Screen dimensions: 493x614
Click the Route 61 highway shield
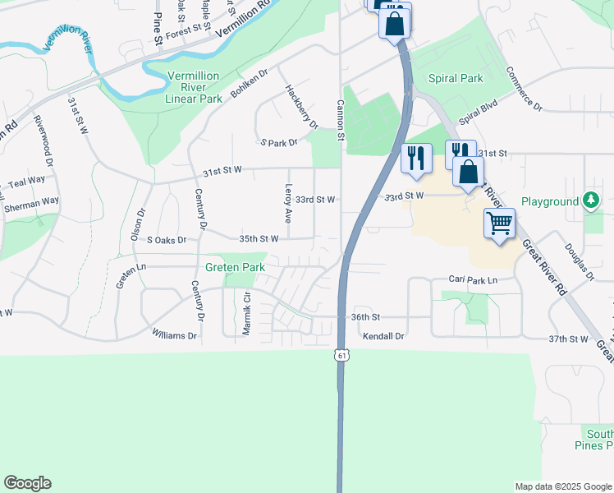[339, 354]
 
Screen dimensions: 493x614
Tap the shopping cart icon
[499, 223]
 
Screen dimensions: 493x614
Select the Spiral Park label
[456, 79]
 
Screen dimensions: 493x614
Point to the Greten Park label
[235, 267]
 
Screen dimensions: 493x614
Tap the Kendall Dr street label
[384, 336]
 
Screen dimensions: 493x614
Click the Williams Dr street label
[175, 335]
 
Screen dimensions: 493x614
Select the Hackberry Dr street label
[301, 107]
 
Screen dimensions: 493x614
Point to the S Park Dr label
[278, 143]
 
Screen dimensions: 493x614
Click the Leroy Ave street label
[287, 203]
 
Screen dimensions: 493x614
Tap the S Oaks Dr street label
[167, 240]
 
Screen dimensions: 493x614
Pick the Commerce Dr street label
[525, 89]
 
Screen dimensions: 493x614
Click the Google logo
[27, 483]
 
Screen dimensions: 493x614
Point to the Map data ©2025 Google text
[563, 486]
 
